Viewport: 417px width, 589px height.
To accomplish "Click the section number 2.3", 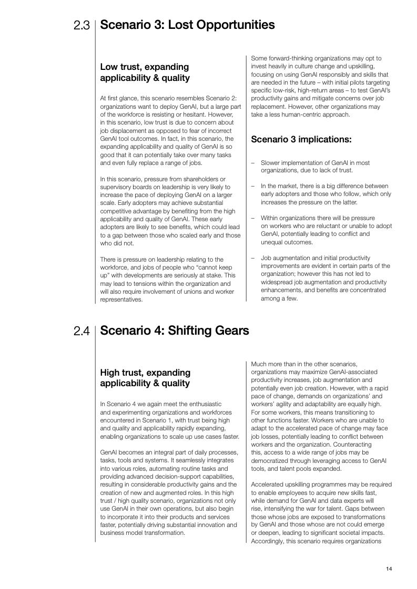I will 82,26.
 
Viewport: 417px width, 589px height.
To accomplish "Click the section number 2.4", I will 82,332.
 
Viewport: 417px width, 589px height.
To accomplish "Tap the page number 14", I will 389,569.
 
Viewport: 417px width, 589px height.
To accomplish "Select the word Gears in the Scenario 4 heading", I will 231,330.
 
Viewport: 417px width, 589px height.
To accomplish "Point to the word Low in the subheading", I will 109,67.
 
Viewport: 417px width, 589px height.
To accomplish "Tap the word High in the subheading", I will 111,373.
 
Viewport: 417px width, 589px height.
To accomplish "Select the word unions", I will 185,292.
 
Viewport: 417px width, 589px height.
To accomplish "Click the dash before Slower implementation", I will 253,163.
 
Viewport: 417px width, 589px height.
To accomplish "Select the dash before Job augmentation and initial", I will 253,258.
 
